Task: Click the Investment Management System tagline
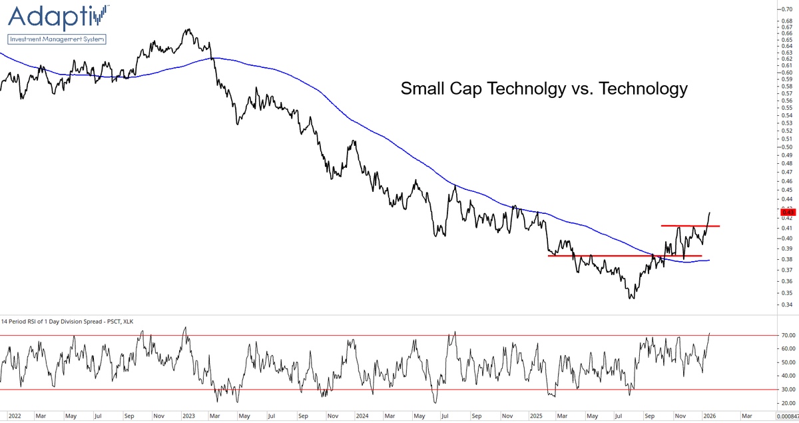coord(56,39)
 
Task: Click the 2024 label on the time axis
coord(362,416)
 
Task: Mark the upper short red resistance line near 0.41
coord(690,226)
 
